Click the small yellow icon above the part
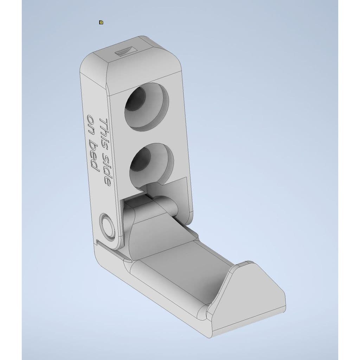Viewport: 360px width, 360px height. [101, 22]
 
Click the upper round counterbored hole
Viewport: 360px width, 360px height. [147, 107]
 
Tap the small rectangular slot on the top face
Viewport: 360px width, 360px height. [126, 51]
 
